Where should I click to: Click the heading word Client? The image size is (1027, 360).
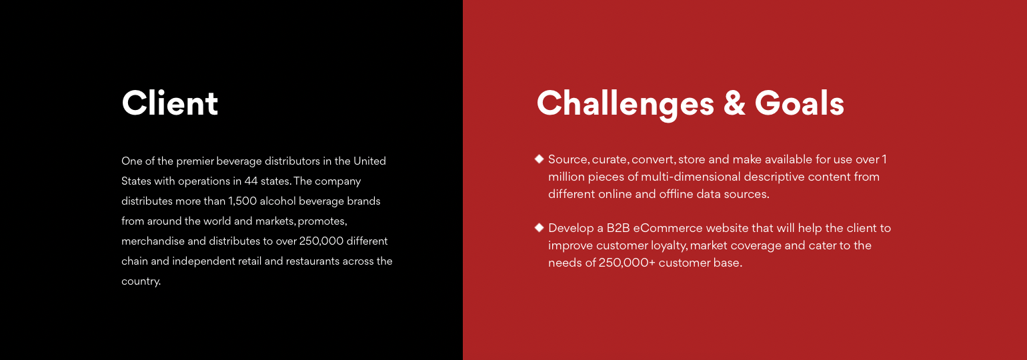169,103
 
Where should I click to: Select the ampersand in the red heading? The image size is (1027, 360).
734,103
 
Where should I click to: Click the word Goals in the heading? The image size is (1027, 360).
799,103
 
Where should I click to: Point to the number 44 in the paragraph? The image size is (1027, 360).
251,181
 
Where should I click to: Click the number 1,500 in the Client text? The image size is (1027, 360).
243,201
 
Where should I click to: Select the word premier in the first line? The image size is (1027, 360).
195,161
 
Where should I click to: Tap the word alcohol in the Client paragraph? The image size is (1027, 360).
277,201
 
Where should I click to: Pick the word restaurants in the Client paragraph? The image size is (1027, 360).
313,261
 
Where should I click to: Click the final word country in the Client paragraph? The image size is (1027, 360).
141,281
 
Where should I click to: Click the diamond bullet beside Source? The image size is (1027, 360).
539,159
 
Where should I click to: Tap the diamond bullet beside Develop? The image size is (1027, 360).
539,227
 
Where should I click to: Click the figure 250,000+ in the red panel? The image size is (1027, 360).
627,263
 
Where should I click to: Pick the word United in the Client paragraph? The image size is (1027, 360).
369,161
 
